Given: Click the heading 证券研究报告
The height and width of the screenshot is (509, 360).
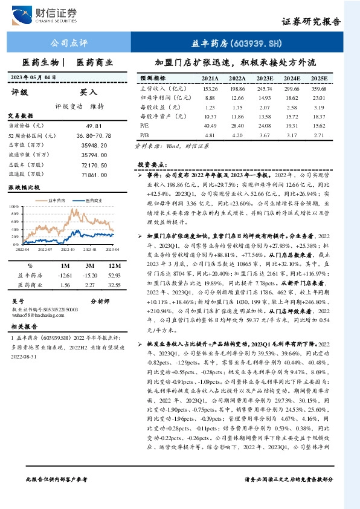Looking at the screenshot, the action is coord(311,22).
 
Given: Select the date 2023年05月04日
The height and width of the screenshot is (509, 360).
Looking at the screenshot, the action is coord(42,77).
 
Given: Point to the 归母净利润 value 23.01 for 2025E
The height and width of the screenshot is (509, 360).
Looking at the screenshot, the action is coord(319,97).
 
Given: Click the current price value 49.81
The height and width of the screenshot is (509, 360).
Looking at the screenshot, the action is coord(97,125).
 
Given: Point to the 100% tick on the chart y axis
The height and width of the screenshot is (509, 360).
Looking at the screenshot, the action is coord(15,206).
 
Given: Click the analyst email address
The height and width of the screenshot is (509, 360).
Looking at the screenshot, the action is coord(36,315).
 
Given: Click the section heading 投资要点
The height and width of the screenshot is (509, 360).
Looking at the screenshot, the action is coord(152,164).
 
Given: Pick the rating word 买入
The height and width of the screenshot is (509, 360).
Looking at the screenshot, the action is coord(89,92).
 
